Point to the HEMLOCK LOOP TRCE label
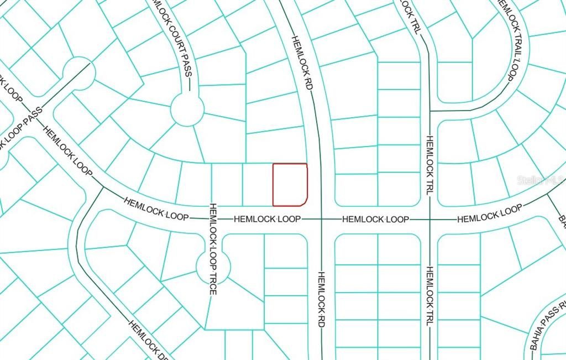(212, 248)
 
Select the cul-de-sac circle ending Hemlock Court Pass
(187, 109)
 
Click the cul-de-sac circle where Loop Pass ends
(79, 73)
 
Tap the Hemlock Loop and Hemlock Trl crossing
(428, 220)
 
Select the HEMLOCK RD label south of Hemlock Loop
(321, 299)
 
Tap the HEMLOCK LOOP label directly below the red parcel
(267, 220)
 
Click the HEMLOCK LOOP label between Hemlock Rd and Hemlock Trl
(375, 220)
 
